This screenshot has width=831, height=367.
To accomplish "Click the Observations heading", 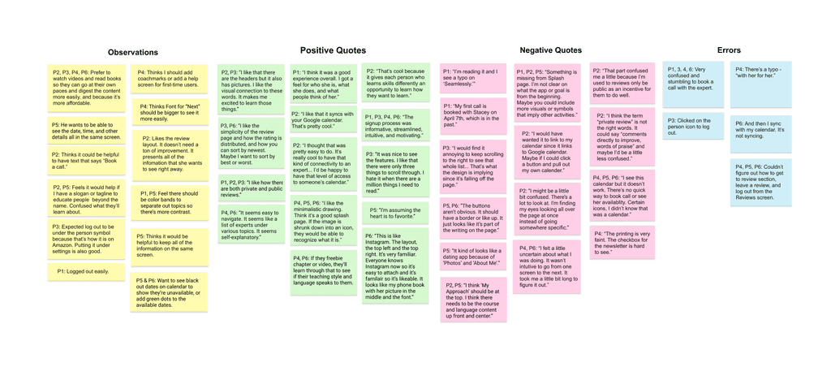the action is pyautogui.click(x=133, y=53).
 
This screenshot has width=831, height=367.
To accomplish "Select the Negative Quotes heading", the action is pyautogui.click(x=550, y=50).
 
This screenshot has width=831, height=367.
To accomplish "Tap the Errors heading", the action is pyautogui.click(x=729, y=50).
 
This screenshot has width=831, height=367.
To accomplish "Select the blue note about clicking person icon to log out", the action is pyautogui.click(x=692, y=127).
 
